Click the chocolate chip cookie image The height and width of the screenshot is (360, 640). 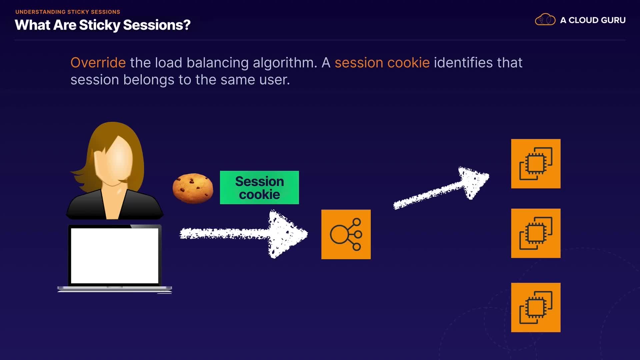193,188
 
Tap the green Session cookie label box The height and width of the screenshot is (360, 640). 259,188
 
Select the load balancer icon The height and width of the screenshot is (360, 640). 346,234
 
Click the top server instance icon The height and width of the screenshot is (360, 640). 536,164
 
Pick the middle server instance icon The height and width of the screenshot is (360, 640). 536,233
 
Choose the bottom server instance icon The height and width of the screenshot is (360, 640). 536,307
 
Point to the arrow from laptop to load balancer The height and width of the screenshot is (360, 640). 243,234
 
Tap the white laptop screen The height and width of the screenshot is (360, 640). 114,256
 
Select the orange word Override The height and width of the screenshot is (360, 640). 98,63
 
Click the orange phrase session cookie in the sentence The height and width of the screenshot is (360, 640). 382,63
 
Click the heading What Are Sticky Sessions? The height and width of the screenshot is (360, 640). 103,25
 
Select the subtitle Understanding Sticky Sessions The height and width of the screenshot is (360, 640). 68,12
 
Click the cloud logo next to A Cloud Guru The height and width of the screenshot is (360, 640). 545,20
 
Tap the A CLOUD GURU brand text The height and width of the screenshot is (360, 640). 593,20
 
